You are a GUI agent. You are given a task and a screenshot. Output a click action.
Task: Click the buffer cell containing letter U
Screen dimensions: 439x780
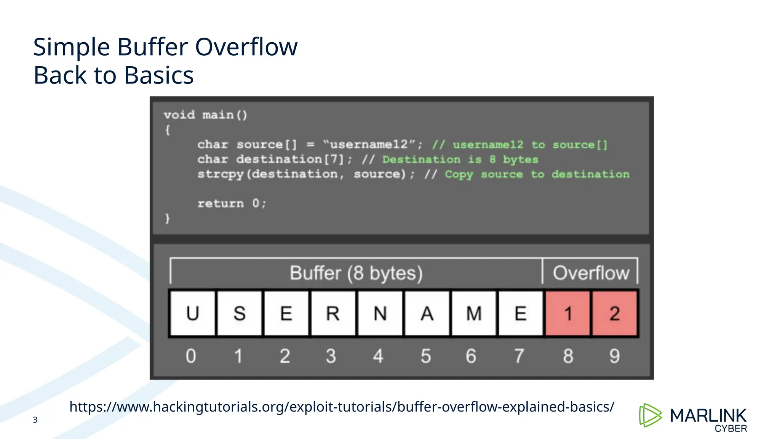click(x=193, y=314)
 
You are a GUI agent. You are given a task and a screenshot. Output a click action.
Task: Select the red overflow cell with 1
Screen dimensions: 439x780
click(x=567, y=314)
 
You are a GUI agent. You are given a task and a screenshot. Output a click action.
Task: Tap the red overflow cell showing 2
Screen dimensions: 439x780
click(x=614, y=314)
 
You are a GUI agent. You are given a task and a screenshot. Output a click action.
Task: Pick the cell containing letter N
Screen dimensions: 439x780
click(x=380, y=314)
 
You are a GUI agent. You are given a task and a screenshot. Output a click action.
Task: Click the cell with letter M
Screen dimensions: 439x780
click(x=474, y=314)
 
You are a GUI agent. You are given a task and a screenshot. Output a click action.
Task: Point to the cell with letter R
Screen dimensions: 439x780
click(x=333, y=314)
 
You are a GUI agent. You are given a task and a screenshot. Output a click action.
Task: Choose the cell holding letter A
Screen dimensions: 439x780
click(x=427, y=314)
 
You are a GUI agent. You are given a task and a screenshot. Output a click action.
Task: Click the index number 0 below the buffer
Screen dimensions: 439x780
click(x=191, y=356)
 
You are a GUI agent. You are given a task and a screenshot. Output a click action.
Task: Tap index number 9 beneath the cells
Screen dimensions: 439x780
click(x=614, y=356)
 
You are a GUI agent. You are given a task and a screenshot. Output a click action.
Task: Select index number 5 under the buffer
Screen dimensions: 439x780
click(x=426, y=356)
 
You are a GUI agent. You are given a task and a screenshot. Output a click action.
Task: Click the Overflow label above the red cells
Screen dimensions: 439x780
click(x=591, y=273)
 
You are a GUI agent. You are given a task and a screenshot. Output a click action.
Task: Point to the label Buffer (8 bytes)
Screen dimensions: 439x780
click(x=356, y=273)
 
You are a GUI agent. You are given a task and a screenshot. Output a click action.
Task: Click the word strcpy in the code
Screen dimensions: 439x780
click(x=221, y=174)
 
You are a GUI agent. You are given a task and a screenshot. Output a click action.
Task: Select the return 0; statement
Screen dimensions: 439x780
click(x=232, y=203)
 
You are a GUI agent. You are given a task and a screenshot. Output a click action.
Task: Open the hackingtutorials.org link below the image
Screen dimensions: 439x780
click(x=342, y=407)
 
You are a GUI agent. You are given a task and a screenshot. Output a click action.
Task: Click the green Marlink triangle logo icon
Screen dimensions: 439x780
click(x=650, y=415)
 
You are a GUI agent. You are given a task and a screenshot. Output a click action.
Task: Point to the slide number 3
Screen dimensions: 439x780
click(x=35, y=420)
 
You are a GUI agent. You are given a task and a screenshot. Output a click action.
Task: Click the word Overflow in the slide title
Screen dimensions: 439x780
click(x=246, y=47)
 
